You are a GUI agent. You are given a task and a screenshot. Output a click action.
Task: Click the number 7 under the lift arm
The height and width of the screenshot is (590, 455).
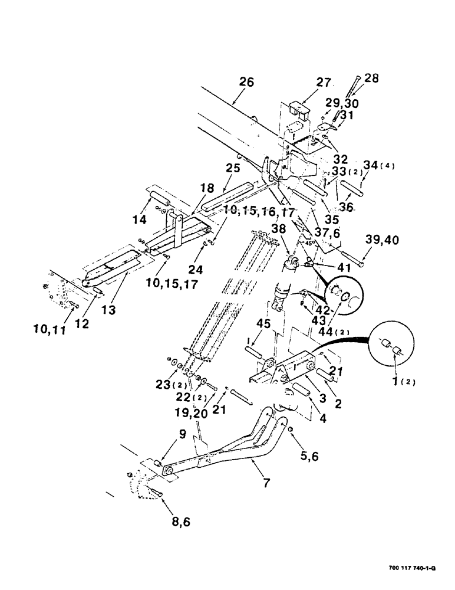coord(266,483)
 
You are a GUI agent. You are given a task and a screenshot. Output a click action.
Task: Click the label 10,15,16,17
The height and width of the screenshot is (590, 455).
coord(259,211)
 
